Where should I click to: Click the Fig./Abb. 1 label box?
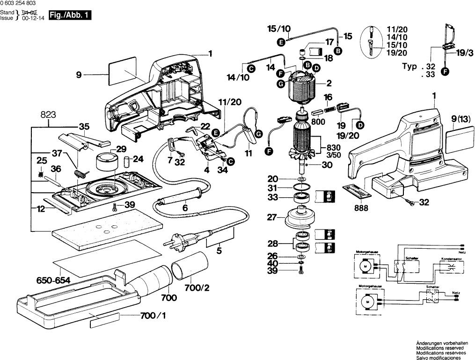click(70, 15)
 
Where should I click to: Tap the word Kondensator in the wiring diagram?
click(451, 258)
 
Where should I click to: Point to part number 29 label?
click(121, 150)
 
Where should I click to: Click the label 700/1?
click(153, 317)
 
